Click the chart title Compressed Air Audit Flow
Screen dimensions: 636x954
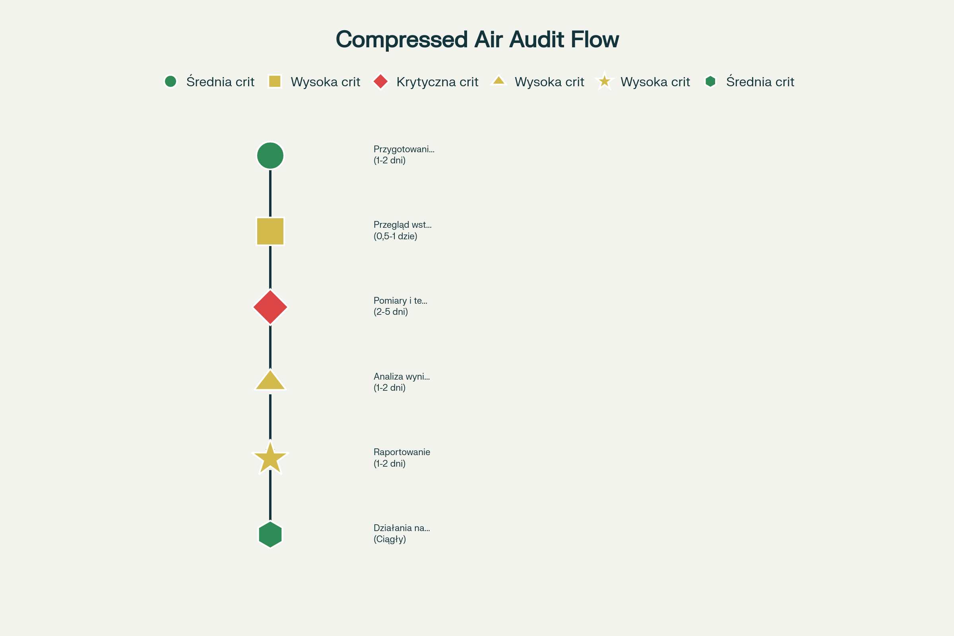[x=477, y=40]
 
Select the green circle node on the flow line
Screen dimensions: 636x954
[x=270, y=155]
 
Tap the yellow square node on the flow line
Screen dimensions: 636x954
[x=270, y=231]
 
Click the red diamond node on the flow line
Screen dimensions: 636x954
[x=270, y=307]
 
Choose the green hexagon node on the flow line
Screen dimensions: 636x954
[x=270, y=534]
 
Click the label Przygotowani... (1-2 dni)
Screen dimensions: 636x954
[x=403, y=155]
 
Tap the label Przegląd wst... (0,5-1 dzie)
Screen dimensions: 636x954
[x=402, y=231]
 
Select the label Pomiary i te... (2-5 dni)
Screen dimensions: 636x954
[x=400, y=306]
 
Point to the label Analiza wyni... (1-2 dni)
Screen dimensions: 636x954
[x=401, y=382]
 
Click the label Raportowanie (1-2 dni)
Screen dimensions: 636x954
[x=401, y=458]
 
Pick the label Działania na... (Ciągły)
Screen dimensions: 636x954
[x=401, y=533]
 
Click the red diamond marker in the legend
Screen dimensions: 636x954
[x=380, y=81]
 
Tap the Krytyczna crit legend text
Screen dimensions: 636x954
[x=437, y=82]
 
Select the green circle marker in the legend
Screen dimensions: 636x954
[x=171, y=81]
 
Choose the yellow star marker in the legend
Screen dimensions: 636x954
[x=604, y=81]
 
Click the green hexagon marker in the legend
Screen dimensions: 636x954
[x=710, y=81]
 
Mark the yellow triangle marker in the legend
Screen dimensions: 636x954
[x=498, y=81]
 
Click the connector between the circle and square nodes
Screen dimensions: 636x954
[x=270, y=193]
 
